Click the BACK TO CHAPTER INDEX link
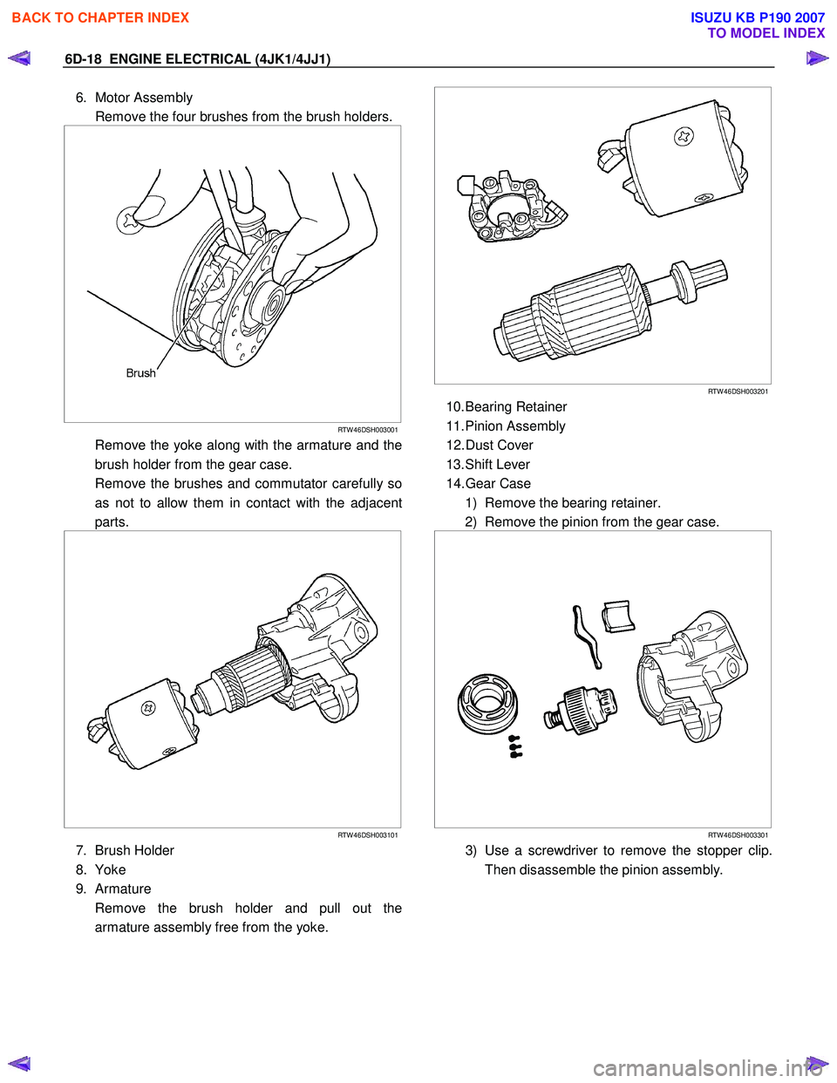coord(100,17)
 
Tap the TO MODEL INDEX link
coord(766,33)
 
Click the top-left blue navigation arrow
coord(19,58)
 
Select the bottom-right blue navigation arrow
coord(816,1063)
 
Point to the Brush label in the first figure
coord(140,373)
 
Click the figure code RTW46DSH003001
coord(367,430)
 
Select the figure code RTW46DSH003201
coord(738,392)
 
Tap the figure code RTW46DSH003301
coord(738,835)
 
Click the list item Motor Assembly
coord(143,98)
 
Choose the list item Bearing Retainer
coord(515,407)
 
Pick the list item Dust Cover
coord(499,446)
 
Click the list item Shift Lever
coord(497,465)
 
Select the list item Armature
coord(123,889)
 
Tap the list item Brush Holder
coord(134,851)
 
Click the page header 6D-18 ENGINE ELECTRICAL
coord(197,59)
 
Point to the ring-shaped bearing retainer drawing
coord(487,703)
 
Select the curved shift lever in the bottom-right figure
coord(586,637)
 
